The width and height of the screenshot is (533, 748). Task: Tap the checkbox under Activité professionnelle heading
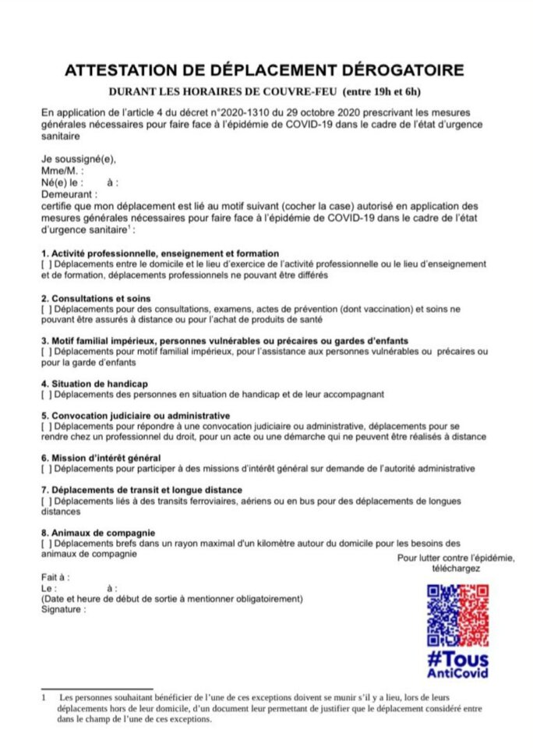pos(45,265)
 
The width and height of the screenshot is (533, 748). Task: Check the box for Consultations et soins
pos(45,310)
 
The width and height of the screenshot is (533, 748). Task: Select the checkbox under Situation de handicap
pos(45,395)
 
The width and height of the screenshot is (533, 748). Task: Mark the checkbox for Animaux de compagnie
pos(50,543)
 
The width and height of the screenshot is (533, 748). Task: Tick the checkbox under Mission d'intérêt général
pos(45,468)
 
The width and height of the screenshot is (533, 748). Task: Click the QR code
pos(457,615)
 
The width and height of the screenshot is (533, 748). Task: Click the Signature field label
pos(62,609)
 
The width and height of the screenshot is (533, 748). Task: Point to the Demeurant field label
pos(69,193)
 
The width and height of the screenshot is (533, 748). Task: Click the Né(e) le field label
pos(60,183)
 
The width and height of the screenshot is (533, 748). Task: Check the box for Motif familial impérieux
pos(45,352)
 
